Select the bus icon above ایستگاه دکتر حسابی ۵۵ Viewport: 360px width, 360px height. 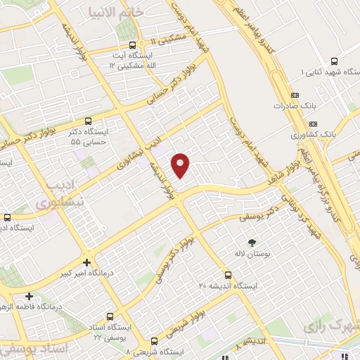click(88, 120)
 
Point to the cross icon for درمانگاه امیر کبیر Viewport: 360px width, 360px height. click(86, 261)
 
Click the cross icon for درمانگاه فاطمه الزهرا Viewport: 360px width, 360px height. click(29, 296)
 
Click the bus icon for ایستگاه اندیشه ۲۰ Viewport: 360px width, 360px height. click(227, 275)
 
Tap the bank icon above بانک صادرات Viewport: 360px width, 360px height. click(294, 96)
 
